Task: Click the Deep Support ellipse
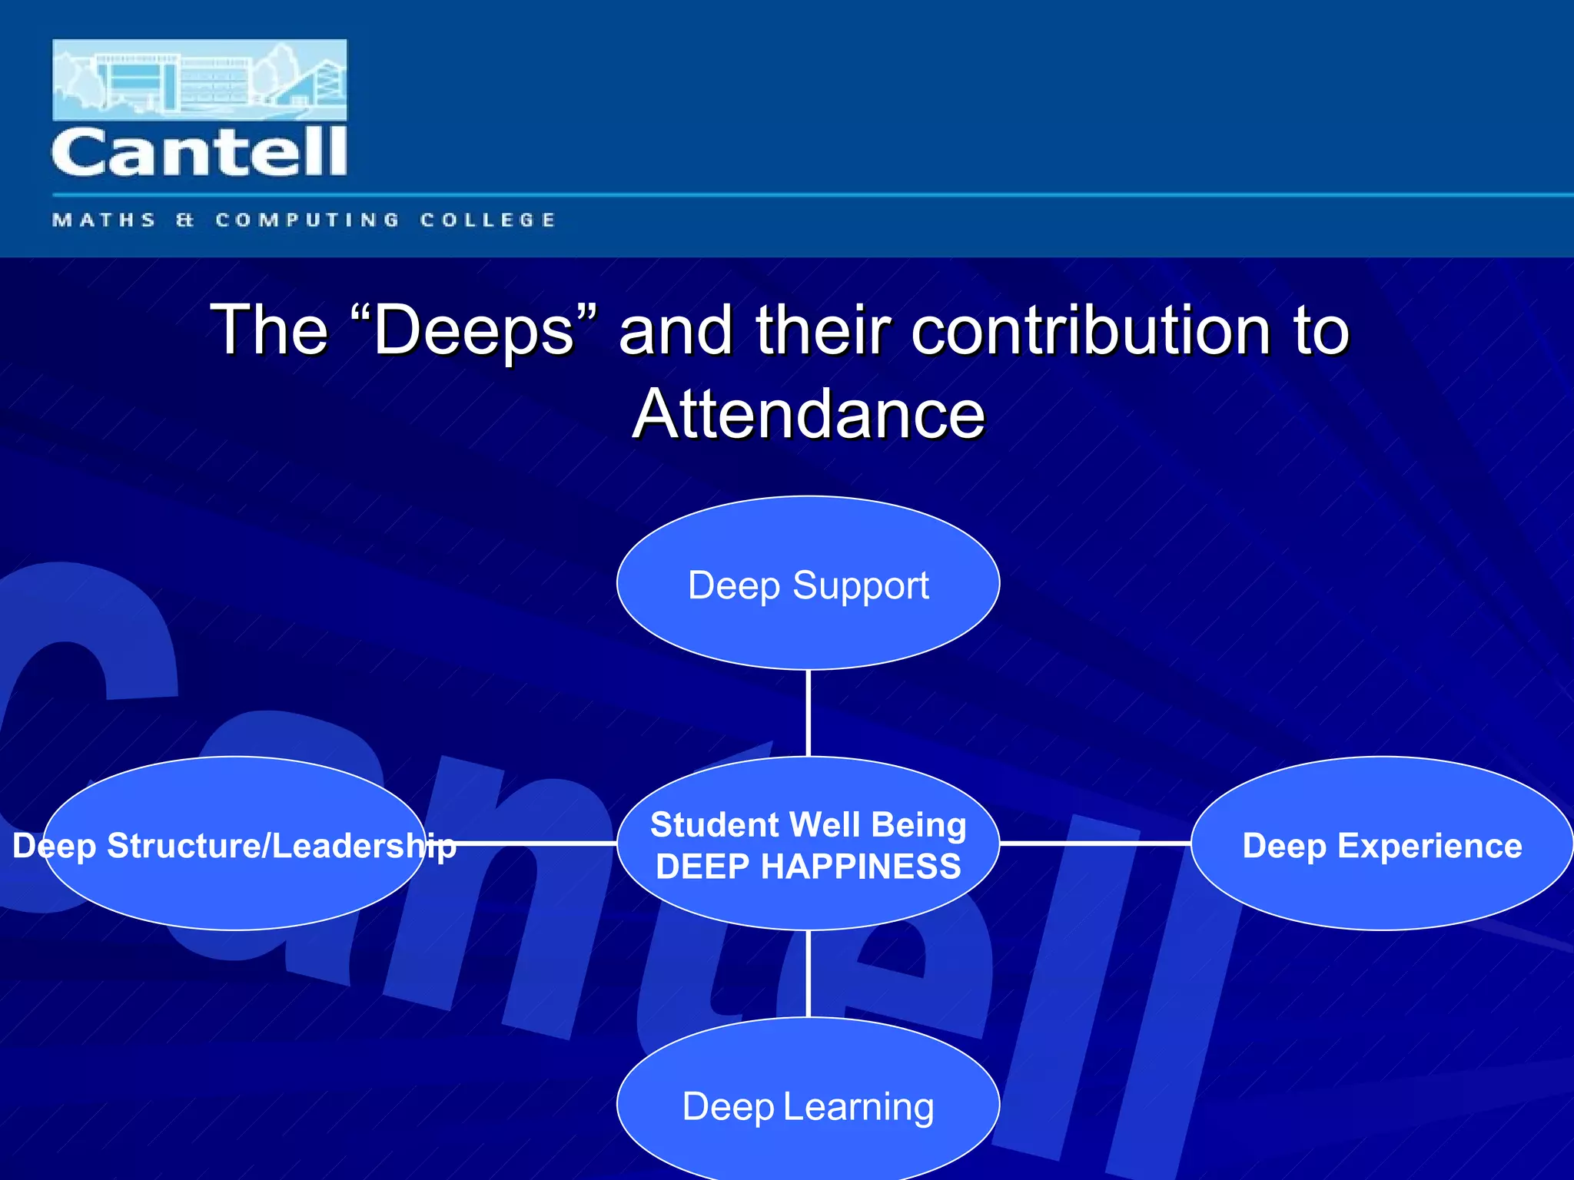[808, 584]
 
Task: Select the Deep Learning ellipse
[808, 1106]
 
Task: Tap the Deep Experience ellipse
[1382, 845]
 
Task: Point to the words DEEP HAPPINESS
[808, 867]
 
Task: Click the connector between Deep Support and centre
[809, 713]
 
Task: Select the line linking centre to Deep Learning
[809, 974]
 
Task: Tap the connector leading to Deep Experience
[1095, 844]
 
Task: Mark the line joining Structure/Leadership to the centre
[538, 844]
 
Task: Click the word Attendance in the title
[809, 415]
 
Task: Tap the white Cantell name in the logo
[199, 152]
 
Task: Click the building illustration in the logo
[199, 80]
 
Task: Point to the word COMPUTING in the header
[307, 220]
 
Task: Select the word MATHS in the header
[105, 220]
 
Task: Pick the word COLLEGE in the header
[487, 220]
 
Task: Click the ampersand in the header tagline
[184, 220]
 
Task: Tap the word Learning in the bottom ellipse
[858, 1106]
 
